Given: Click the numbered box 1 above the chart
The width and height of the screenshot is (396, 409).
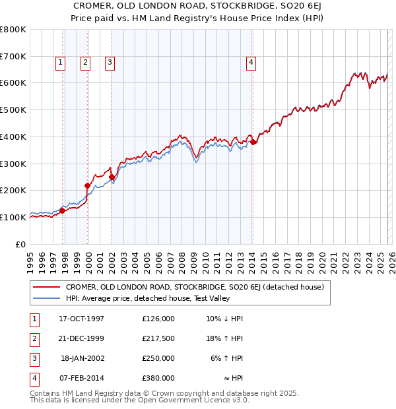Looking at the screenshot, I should pyautogui.click(x=60, y=63).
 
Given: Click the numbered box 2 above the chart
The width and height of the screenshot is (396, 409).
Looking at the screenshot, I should pyautogui.click(x=85, y=63).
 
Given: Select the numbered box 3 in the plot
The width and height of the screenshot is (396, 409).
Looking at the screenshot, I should pyautogui.click(x=110, y=63).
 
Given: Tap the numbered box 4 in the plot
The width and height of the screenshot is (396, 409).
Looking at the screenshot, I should pyautogui.click(x=251, y=63).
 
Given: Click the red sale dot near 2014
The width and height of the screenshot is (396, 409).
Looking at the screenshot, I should pyautogui.click(x=253, y=142).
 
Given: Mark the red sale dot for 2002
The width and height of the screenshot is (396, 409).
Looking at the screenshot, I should pyautogui.click(x=112, y=177).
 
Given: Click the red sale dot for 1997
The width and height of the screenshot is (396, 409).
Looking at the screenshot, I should pyautogui.click(x=63, y=210).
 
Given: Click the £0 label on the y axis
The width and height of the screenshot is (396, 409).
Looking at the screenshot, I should pyautogui.click(x=21, y=244).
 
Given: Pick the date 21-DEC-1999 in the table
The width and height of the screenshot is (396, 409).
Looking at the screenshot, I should pyautogui.click(x=82, y=338).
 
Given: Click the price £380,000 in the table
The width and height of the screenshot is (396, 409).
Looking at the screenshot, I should pyautogui.click(x=158, y=378).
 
